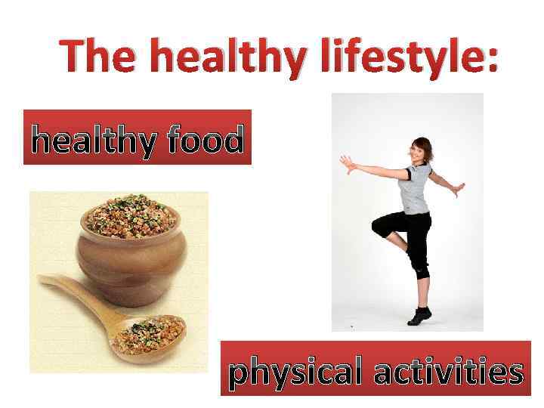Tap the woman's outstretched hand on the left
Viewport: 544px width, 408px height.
[347, 162]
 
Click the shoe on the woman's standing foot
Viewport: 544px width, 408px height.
[419, 317]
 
